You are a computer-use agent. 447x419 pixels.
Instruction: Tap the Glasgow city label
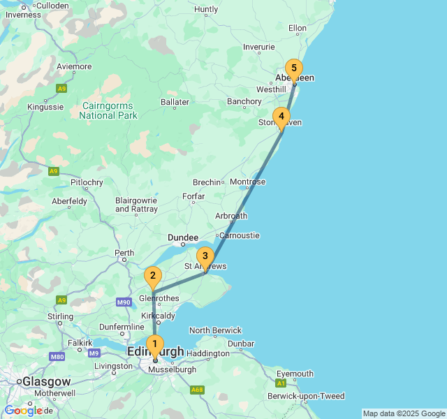[x=46, y=382]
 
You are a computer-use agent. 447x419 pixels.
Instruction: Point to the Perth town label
[x=124, y=253]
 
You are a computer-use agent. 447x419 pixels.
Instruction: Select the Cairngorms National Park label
[x=109, y=110]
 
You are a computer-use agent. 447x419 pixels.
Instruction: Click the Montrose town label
[x=248, y=182]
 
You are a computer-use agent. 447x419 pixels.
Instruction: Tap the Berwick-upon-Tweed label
[x=306, y=396]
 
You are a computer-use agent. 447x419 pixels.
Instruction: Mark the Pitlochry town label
[x=87, y=183]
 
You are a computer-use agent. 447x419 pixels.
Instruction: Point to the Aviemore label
[x=74, y=67]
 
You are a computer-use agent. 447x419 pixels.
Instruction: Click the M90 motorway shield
[x=124, y=302]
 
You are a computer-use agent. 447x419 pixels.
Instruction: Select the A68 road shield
[x=198, y=390]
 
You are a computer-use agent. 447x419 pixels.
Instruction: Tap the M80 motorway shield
[x=57, y=356]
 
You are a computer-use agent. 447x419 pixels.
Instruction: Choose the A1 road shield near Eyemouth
[x=281, y=383]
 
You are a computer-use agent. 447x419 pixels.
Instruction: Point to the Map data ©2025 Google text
[x=404, y=413]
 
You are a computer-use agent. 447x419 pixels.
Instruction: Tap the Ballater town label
[x=175, y=102]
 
